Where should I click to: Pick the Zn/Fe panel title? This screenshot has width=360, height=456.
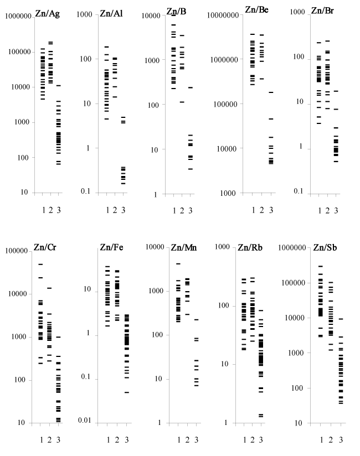(111, 247)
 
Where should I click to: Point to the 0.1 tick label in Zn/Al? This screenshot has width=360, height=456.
(86, 192)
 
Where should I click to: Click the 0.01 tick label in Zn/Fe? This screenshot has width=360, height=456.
(84, 421)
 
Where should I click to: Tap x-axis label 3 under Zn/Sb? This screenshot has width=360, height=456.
(341, 439)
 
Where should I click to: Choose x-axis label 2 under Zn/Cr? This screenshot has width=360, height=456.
(49, 439)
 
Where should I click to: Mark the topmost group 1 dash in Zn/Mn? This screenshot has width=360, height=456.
(178, 263)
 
